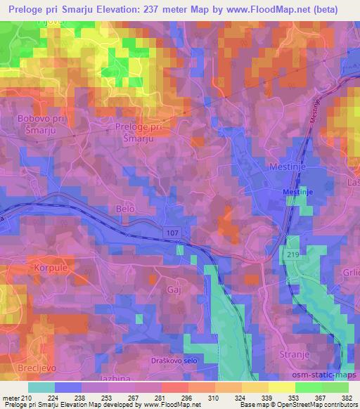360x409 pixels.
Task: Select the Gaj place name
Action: click(174, 289)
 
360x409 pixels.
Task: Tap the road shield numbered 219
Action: click(292, 252)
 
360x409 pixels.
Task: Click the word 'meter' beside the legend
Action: click(12, 398)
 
